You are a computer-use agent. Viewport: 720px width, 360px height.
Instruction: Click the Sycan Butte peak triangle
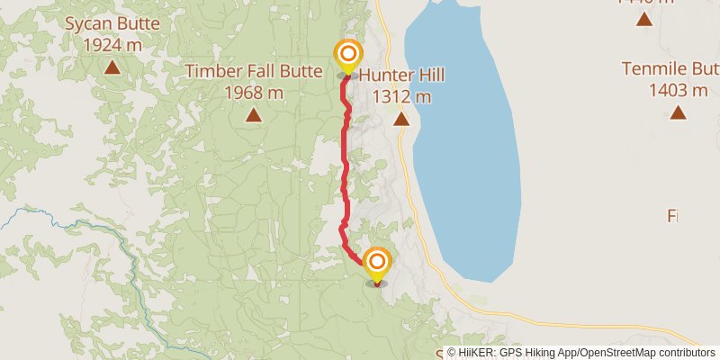[x=112, y=67]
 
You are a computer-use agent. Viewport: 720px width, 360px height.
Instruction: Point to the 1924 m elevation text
[x=112, y=44]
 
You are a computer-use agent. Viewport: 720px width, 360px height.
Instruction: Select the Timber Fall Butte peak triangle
[x=254, y=114]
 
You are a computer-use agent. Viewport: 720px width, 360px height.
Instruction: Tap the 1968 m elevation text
[x=254, y=91]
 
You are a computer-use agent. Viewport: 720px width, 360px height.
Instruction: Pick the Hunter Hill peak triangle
[x=401, y=119]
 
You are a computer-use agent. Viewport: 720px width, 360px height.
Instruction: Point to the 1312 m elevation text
[x=401, y=96]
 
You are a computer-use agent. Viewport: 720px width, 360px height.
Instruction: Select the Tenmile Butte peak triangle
[x=677, y=112]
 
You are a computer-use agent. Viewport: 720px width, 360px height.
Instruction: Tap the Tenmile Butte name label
[x=673, y=69]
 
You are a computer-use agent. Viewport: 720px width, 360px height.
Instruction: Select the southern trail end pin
[x=376, y=264]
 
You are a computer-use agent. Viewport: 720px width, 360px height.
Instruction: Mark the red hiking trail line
[x=344, y=162]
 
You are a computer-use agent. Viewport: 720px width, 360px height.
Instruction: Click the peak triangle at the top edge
[x=644, y=18]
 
